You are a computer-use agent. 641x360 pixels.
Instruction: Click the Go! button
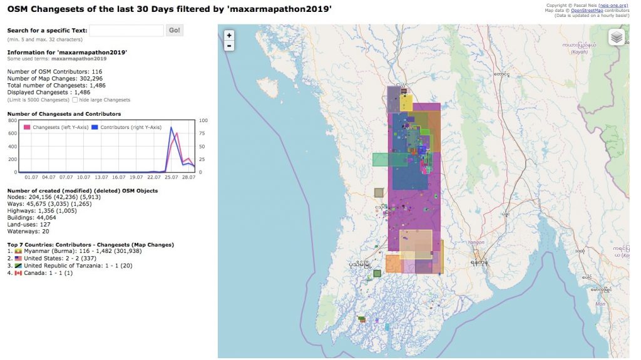coord(175,30)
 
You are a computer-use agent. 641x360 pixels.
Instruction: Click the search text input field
coord(126,30)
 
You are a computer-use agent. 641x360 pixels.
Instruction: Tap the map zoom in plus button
coord(229,35)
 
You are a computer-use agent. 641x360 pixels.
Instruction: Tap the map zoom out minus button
coord(229,46)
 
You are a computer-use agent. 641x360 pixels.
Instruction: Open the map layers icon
coord(617,38)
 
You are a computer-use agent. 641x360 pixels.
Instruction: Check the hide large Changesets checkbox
coord(75,100)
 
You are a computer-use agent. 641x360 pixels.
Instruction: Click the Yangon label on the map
coord(476,242)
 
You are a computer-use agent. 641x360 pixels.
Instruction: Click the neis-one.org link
coord(613,5)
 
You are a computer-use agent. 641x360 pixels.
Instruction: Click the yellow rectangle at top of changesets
coord(406,102)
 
